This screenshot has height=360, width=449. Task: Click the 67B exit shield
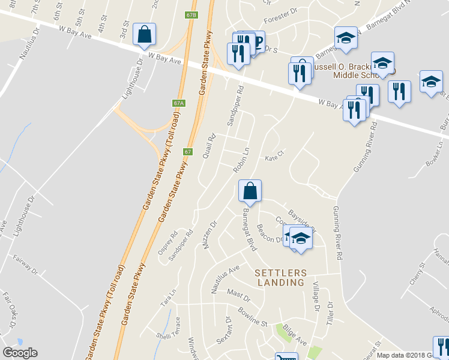coord(191,14)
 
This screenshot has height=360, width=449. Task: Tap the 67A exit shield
coord(178,103)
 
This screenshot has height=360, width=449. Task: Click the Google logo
coord(20,353)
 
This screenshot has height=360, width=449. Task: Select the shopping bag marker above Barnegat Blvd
coord(250,191)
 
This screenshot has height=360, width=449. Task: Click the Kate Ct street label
coord(274,159)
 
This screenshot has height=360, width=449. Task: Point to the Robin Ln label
coord(241,160)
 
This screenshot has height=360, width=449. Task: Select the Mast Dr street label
coord(238,294)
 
